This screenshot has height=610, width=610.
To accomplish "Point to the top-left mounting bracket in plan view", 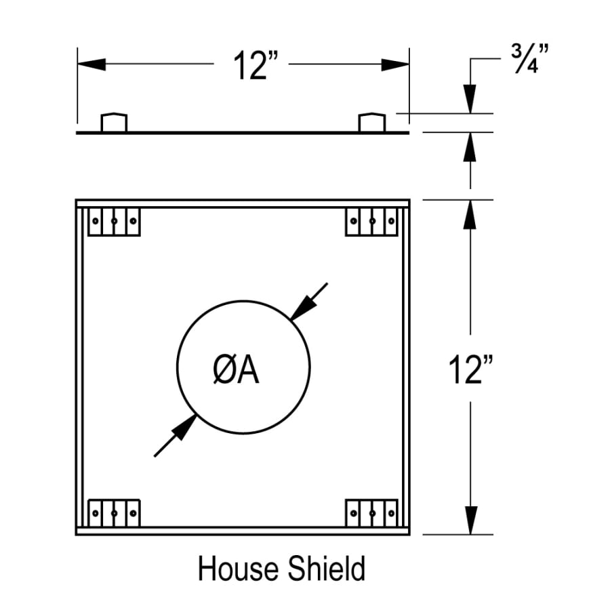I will [x=115, y=221].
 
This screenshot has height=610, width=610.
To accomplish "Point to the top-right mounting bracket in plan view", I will [x=371, y=221].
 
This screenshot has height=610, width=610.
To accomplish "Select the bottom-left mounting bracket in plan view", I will [x=115, y=512].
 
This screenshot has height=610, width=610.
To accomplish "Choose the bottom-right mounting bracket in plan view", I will [x=371, y=512].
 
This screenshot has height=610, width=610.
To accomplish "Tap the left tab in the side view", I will [x=114, y=123].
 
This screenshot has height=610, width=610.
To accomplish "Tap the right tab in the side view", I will [x=371, y=123].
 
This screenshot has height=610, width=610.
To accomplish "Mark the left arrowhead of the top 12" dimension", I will [x=91, y=64].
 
